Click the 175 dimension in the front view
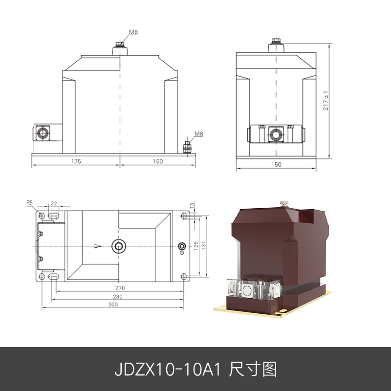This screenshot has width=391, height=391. coord(76,161)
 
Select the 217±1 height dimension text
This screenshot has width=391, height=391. coord(326,101)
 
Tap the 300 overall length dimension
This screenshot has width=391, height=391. coord(113,304)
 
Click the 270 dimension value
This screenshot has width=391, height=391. coord(120,288)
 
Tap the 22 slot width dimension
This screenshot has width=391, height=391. coord(54,202)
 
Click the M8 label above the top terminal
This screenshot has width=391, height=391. coord(133,32)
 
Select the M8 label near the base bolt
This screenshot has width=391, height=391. coord(199,133)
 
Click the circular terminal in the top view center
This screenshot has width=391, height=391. coord(118,245)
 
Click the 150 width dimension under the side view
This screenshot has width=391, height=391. coord(276,165)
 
